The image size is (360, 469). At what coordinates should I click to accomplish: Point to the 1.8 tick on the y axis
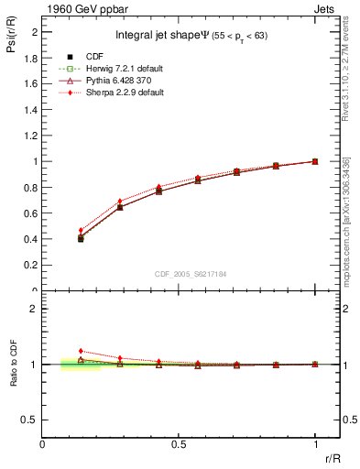pyautogui.click(x=33, y=57)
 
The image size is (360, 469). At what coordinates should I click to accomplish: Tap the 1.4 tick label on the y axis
pyautogui.click(x=33, y=109)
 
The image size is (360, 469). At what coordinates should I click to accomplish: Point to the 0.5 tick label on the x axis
pyautogui.click(x=178, y=445)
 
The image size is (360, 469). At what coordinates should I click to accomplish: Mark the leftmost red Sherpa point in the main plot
pyautogui.click(x=81, y=230)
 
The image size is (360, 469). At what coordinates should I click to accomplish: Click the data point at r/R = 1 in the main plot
pyautogui.click(x=315, y=161)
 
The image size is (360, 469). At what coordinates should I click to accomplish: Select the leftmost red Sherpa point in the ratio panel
pyautogui.click(x=81, y=351)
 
